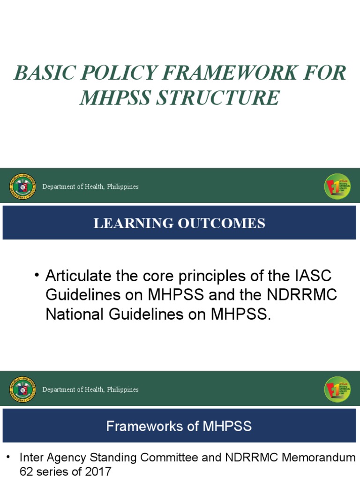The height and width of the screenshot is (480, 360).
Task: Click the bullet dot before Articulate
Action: (x=37, y=275)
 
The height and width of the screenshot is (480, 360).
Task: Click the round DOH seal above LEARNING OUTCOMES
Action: (x=22, y=187)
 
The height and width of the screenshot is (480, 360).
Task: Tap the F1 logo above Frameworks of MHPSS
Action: (x=337, y=390)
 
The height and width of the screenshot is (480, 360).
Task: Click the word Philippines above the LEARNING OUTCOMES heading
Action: (x=123, y=187)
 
